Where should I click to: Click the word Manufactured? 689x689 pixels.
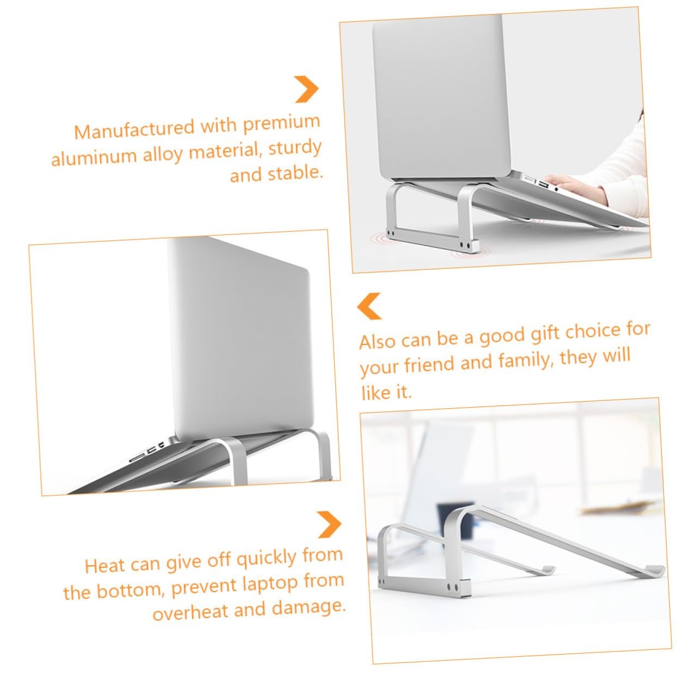pyautogui.click(x=134, y=130)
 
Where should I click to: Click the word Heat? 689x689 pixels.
pyautogui.click(x=105, y=565)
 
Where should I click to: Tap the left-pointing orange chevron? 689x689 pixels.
pyautogui.click(x=369, y=306)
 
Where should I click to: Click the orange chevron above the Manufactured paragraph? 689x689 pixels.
pyautogui.click(x=306, y=89)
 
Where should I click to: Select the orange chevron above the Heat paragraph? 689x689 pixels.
pyautogui.click(x=329, y=525)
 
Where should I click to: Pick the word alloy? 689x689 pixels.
pyautogui.click(x=163, y=154)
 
